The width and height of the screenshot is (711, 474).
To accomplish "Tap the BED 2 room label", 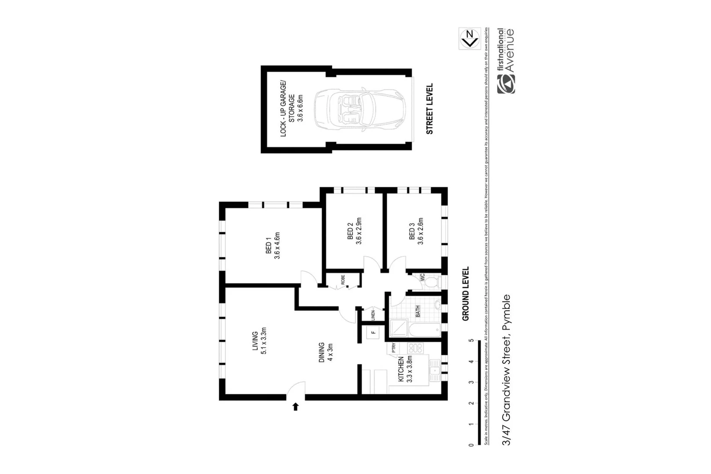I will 354,231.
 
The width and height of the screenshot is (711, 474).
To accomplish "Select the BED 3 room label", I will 416,231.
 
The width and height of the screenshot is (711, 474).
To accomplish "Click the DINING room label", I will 326,352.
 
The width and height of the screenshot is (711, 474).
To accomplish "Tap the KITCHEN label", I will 405,370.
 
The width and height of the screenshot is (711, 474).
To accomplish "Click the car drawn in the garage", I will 359,108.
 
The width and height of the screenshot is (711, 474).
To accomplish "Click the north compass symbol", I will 470,39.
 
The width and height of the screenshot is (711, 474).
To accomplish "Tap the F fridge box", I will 374,332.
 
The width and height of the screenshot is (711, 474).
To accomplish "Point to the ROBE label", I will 343,280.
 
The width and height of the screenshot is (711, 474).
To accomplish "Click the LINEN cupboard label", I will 373,315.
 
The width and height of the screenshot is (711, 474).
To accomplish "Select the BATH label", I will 417,311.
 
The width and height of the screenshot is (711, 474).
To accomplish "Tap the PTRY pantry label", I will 394,348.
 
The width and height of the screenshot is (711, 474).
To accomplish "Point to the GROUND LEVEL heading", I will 465,294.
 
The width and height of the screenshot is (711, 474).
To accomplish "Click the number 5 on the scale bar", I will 471,341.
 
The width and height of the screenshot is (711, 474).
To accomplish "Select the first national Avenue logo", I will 505,61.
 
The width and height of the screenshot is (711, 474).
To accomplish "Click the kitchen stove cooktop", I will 415,348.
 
